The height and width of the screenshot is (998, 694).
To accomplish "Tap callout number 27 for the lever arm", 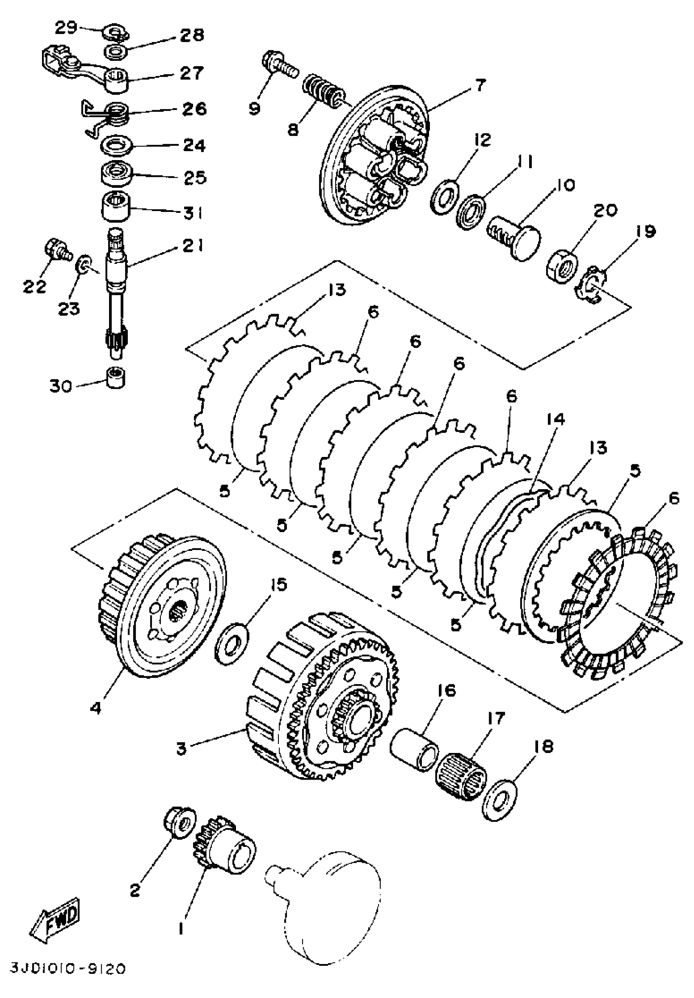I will tap(191, 73).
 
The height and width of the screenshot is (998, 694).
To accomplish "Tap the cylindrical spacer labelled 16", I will tap(415, 751).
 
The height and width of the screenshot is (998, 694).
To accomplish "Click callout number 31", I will tap(191, 213).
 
